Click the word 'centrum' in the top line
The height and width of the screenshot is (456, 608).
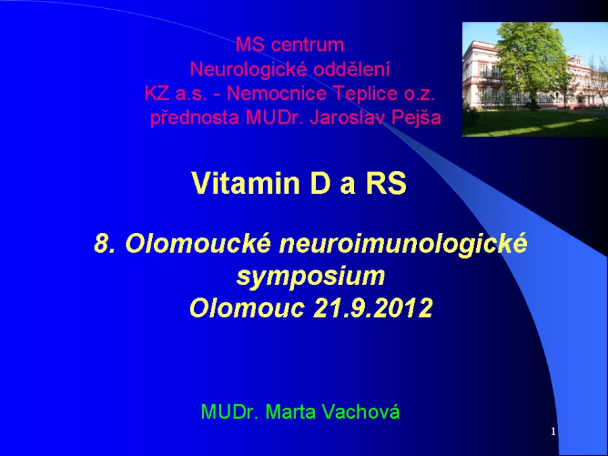point(307,45)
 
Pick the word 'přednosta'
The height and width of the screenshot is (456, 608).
point(195,118)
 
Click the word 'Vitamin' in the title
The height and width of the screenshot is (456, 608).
point(245,183)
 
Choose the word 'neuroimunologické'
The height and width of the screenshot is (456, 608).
point(403,245)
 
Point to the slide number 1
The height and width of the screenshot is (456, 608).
point(553,432)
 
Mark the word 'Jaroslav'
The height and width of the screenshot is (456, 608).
point(347,118)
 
